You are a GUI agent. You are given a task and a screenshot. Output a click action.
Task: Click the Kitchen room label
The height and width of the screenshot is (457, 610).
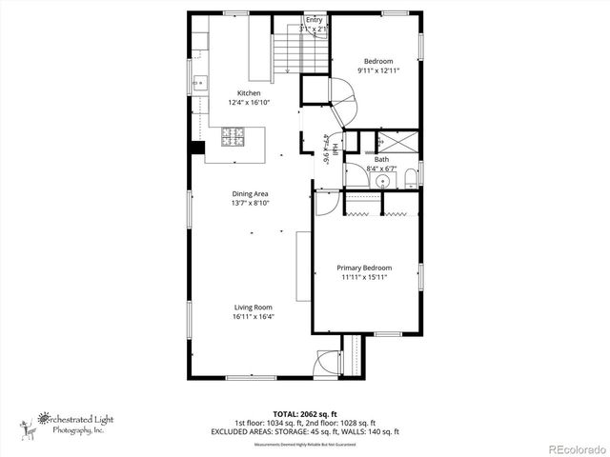tap(249, 93)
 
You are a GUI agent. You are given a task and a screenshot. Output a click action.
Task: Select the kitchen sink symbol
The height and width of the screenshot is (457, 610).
tap(199, 84)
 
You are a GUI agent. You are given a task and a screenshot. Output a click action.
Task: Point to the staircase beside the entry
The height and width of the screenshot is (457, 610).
tap(287, 52)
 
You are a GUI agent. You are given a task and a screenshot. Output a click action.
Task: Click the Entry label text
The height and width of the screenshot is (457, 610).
tap(314, 19)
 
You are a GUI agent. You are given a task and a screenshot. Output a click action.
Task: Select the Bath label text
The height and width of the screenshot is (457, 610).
tap(381, 160)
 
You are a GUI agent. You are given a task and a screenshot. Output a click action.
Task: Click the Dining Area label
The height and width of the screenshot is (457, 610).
tap(249, 193)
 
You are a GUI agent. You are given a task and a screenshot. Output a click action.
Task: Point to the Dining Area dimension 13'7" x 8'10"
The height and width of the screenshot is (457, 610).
tap(249, 203)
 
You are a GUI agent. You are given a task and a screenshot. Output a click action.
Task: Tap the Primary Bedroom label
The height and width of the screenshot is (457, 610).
tap(365, 268)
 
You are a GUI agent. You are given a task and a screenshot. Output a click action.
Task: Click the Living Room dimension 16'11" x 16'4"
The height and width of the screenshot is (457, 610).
tap(254, 317)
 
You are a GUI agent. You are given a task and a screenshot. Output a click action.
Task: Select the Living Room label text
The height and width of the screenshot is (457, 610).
tap(254, 308)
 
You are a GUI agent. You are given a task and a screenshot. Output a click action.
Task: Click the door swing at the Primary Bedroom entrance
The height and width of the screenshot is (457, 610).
tap(325, 201)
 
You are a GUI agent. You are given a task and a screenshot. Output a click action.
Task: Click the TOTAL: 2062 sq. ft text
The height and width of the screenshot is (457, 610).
tap(305, 414)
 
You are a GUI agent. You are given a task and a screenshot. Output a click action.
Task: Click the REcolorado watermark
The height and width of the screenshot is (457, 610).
tap(573, 448)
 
